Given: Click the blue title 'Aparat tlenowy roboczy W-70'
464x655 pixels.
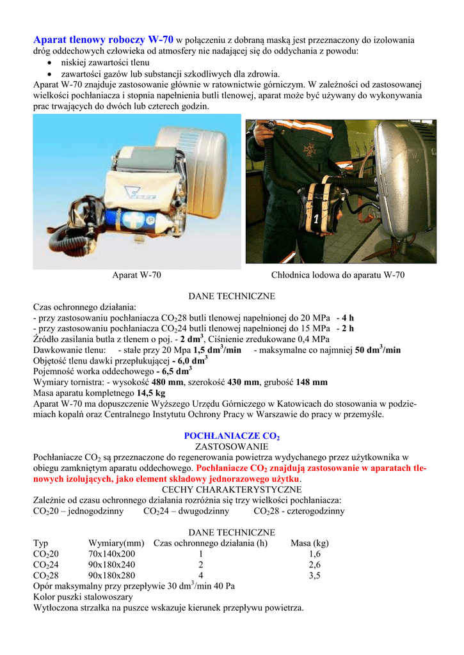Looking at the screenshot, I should click(103, 40).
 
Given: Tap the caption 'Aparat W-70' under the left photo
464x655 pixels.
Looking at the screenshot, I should click(136, 275).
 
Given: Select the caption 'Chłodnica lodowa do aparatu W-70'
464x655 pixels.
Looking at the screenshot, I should click(338, 275).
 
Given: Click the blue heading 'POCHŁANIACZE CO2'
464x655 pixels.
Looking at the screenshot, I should click(232, 436).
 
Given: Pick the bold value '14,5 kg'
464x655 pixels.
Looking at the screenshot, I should click(151, 393).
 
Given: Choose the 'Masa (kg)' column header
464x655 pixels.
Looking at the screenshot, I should click(310, 543).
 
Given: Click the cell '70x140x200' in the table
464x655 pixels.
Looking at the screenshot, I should click(111, 554).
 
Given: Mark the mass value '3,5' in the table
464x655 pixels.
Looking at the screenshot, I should click(314, 576).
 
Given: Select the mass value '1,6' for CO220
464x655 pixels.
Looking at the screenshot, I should click(314, 554).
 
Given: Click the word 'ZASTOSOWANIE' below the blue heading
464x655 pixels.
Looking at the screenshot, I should click(232, 446).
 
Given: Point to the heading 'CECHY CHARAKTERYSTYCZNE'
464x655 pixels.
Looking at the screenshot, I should click(232, 489).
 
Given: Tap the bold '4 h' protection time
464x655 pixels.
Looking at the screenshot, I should click(348, 318).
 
